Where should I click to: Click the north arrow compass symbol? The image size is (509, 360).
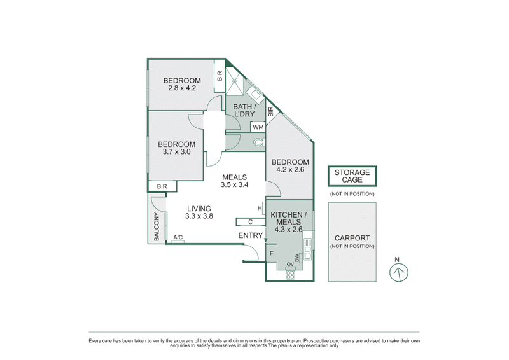click(x=398, y=272)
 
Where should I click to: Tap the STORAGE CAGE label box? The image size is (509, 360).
click(x=352, y=176)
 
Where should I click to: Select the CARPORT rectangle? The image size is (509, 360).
click(x=352, y=242)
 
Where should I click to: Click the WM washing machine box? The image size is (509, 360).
click(x=258, y=127)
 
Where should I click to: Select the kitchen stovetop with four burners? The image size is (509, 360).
click(x=291, y=274)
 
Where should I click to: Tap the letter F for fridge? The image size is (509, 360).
click(x=272, y=253)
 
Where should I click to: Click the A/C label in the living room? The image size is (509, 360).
click(x=178, y=238)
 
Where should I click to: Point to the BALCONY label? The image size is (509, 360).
click(x=156, y=226)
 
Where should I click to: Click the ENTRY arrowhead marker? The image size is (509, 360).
click(x=265, y=240)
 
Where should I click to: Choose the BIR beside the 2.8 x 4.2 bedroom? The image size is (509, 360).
click(x=220, y=76)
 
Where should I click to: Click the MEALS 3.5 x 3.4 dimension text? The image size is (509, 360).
click(x=234, y=185)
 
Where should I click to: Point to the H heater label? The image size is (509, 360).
click(x=260, y=208)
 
